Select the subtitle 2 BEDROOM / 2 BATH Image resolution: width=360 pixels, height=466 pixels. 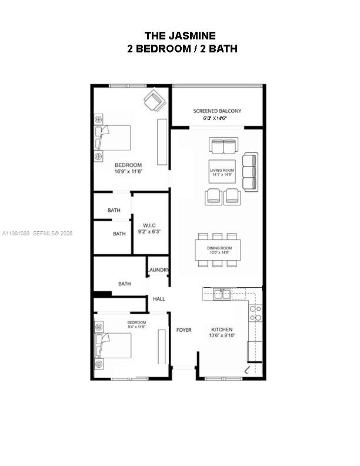coord(182,49)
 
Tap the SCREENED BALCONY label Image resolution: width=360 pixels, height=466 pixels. coord(217,111)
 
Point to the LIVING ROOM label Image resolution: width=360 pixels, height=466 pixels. coord(222,170)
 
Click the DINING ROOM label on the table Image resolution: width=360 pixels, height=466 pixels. coord(219,248)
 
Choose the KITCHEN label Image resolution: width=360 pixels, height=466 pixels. coord(222,329)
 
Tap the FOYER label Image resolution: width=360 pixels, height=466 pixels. coord(184,330)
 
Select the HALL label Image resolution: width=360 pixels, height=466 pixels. coord(159,299)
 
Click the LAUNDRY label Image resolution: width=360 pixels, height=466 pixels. coord(159,271)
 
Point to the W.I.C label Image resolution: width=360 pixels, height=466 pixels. coord(149,225)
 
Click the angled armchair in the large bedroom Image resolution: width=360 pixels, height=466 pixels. coord(155,100)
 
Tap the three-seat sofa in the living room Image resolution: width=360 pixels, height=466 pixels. coord(250,172)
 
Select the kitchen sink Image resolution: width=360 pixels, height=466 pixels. coord(223,293)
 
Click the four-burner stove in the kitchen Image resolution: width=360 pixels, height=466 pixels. coord(255,313)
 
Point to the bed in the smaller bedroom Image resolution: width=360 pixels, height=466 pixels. coord(115,345)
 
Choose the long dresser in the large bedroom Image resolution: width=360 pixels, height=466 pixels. coord(162,142)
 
